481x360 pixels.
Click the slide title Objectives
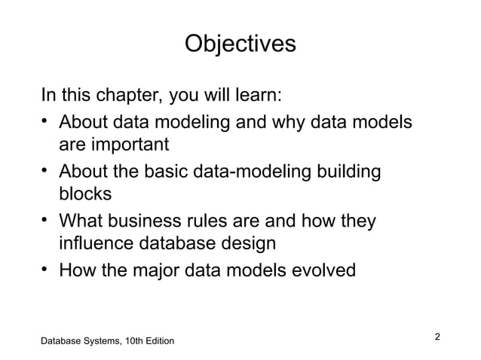pyautogui.click(x=240, y=43)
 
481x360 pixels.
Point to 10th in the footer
pyautogui.click(x=133, y=342)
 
